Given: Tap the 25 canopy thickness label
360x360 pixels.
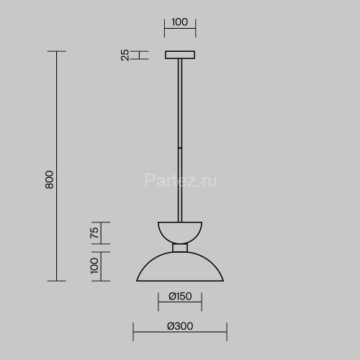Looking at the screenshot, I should pyautogui.click(x=125, y=55).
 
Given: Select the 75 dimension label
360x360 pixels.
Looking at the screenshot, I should pyautogui.click(x=94, y=232).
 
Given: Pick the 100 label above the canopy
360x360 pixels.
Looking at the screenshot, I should pyautogui.click(x=180, y=22).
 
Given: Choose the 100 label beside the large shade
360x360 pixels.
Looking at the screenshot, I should pyautogui.click(x=94, y=266).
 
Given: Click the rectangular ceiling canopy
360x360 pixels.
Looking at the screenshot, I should pyautogui.click(x=180, y=55).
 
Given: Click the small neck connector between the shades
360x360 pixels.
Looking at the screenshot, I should pyautogui.click(x=180, y=248).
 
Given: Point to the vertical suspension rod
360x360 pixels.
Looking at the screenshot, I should pyautogui.click(x=180, y=108).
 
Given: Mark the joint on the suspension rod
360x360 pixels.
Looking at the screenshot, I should pyautogui.click(x=180, y=149).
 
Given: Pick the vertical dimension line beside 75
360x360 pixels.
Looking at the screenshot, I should pyautogui.click(x=101, y=232).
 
